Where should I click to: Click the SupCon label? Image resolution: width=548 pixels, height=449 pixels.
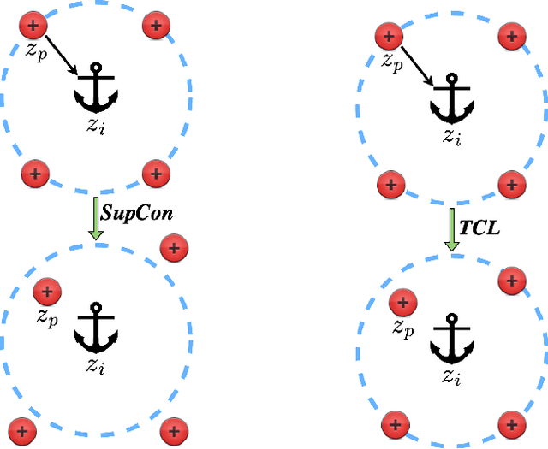(x=138, y=213)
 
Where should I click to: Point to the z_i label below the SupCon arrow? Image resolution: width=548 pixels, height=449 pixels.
(x=95, y=367)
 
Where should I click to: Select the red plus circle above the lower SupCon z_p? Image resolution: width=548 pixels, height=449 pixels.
(x=46, y=292)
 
